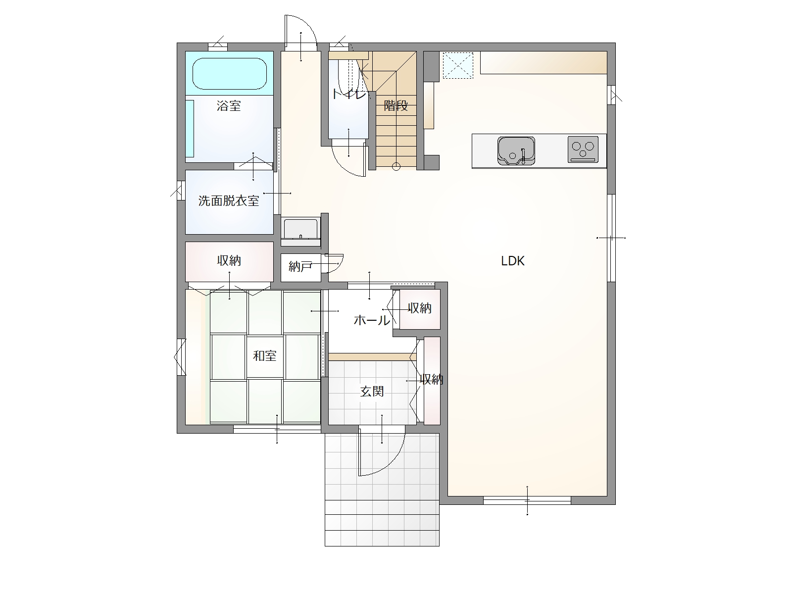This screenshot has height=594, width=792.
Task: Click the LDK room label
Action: point(512,261)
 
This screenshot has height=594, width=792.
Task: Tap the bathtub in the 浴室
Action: point(230,73)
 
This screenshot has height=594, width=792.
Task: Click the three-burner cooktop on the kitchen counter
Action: point(583,149)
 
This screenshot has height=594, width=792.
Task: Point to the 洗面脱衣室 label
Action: point(229,201)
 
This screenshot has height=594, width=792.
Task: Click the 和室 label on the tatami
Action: point(264,356)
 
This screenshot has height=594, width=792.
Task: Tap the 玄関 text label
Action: point(372,392)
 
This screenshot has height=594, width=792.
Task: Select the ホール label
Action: point(372,320)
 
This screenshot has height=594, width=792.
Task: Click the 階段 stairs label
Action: point(396,105)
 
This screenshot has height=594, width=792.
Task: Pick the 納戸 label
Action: point(300,267)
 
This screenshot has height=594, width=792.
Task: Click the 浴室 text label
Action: point(229,106)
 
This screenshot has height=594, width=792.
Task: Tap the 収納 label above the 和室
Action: point(229,261)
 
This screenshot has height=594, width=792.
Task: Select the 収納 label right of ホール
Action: point(420,308)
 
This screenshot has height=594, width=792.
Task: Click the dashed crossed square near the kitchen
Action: point(458,65)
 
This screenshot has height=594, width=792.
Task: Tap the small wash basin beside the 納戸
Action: point(300,229)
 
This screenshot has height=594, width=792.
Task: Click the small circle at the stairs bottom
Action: point(396,167)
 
